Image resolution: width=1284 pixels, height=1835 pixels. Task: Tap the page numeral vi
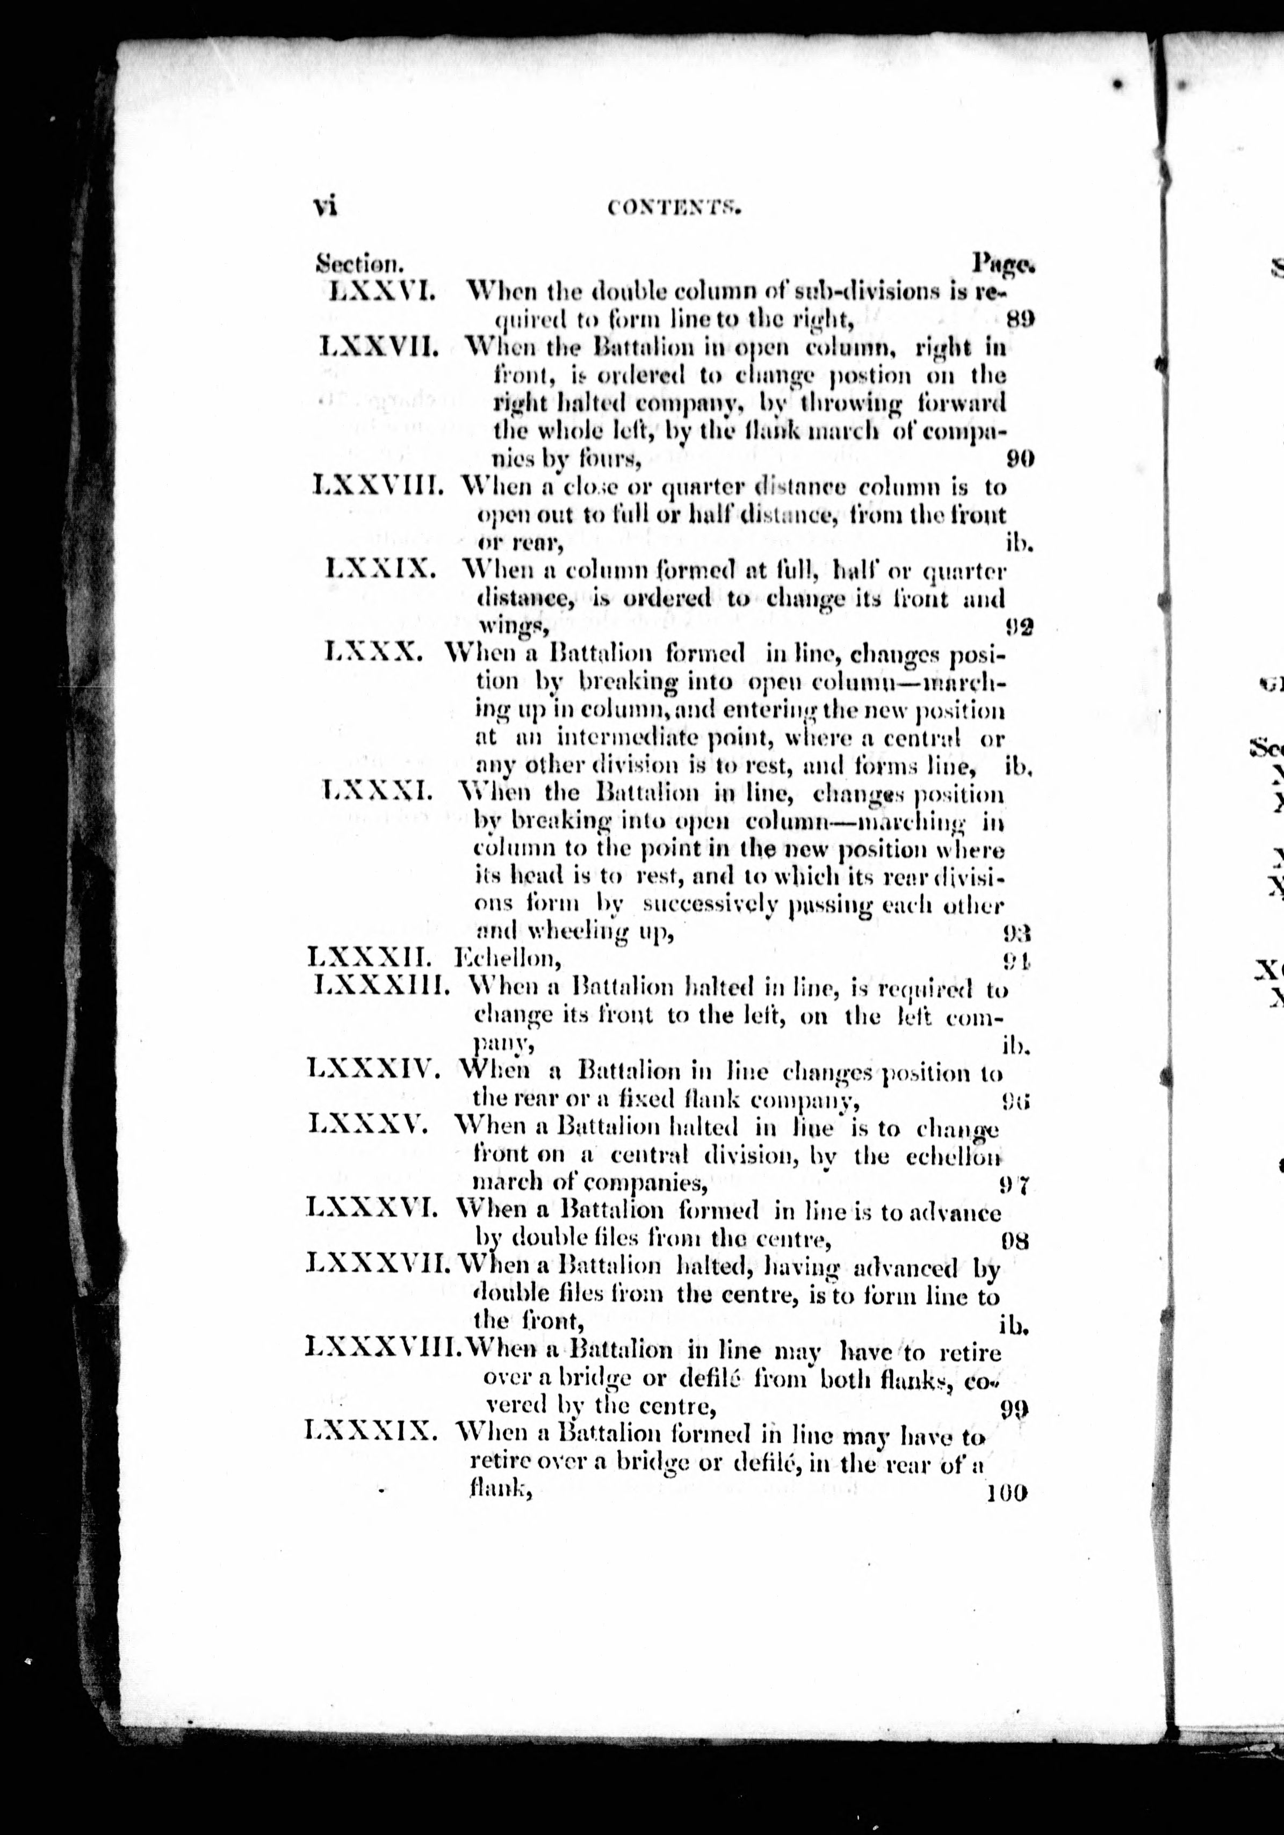(324, 206)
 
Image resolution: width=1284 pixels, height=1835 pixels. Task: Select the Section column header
(358, 262)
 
